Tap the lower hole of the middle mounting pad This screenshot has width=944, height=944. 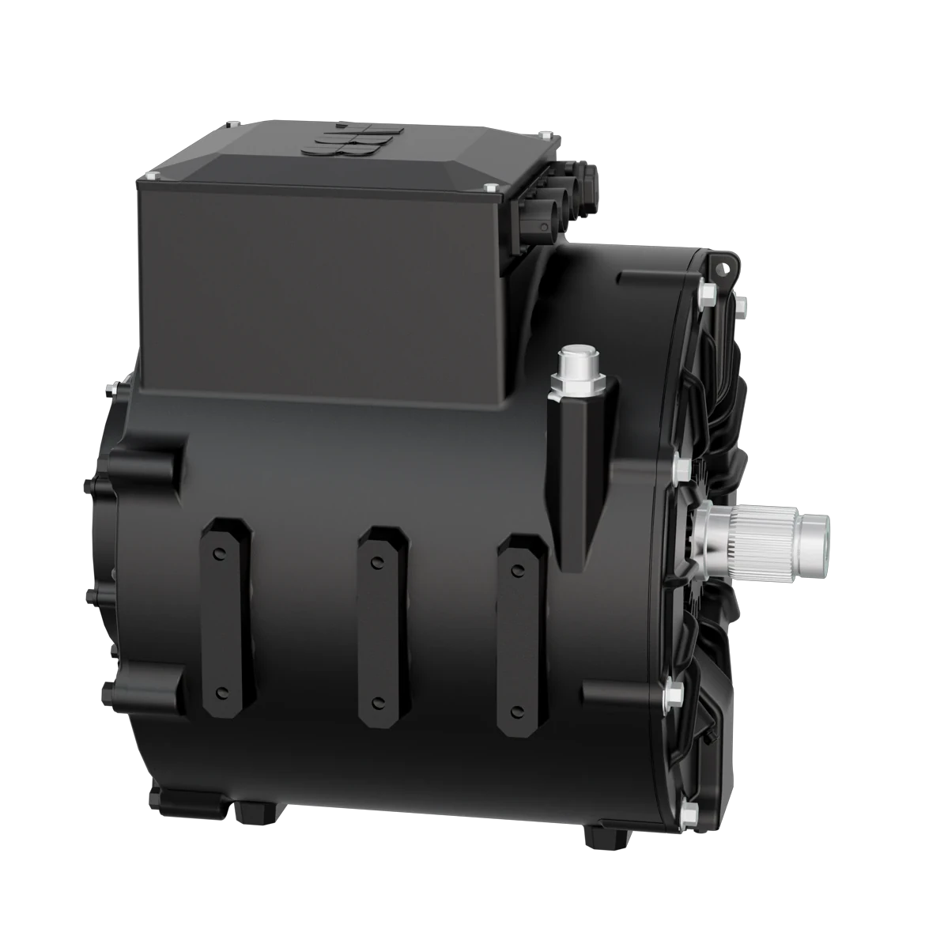pyautogui.click(x=379, y=699)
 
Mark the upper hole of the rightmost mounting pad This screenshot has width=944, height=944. pyautogui.click(x=518, y=569)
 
